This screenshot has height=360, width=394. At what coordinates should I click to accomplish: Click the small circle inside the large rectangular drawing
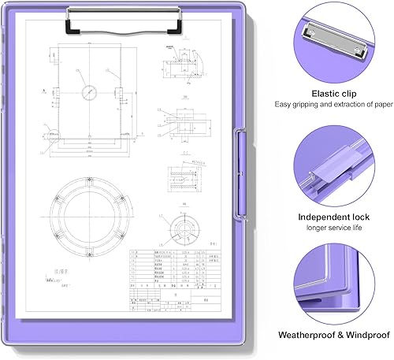pyautogui.click(x=86, y=91)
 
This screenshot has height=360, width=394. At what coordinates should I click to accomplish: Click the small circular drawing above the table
pyautogui.click(x=185, y=228)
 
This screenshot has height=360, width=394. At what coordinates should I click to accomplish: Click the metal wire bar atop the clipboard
pyautogui.click(x=126, y=11)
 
